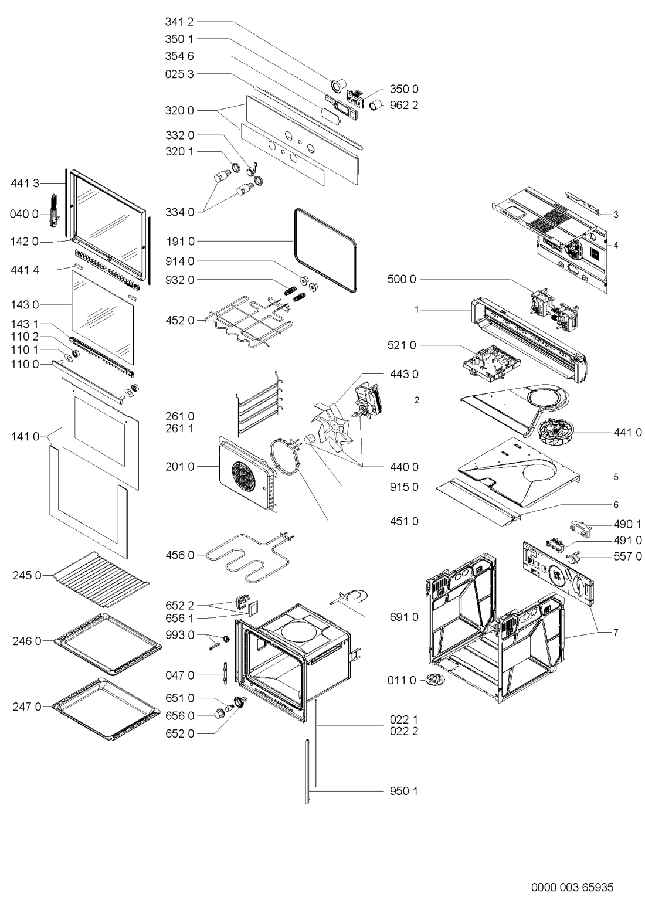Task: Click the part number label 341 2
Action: [x=179, y=22]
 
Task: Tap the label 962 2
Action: [x=404, y=106]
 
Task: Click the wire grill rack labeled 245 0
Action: [x=100, y=579]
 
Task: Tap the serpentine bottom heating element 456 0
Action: [x=250, y=558]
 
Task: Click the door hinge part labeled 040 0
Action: [x=55, y=210]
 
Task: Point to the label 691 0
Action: [x=404, y=617]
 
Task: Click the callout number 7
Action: [x=616, y=633]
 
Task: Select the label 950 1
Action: [x=404, y=791]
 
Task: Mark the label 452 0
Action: [x=179, y=320]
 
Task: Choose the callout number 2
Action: [x=417, y=400]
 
